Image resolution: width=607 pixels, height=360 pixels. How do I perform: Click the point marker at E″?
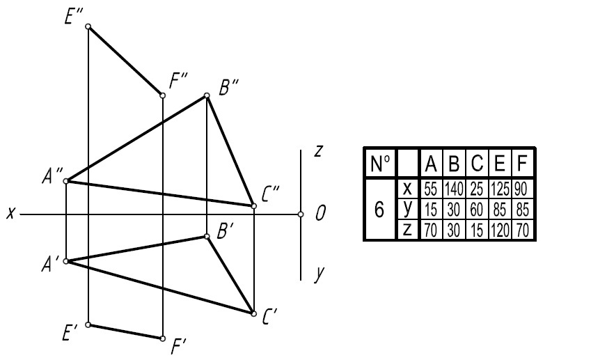88,26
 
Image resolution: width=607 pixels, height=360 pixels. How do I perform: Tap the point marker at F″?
163,95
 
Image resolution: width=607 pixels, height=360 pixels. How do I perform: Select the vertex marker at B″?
207,95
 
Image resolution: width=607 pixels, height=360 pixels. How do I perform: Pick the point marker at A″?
66,181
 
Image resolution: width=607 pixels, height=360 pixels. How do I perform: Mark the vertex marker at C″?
253,206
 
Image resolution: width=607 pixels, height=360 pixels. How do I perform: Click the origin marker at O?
301,214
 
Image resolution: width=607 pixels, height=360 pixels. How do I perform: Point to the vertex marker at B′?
207,237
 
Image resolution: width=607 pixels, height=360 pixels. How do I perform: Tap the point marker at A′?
66,261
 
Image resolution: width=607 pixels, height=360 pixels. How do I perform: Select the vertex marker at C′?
253,313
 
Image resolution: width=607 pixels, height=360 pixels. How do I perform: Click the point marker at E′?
88,324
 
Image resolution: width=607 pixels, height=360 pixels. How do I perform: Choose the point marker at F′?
163,338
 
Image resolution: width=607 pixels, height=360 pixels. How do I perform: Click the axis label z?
318,150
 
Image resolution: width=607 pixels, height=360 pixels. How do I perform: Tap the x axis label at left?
11,213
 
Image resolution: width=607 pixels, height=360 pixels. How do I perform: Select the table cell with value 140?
454,189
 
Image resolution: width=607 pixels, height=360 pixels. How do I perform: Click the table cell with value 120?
500,230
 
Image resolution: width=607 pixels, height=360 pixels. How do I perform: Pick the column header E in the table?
500,164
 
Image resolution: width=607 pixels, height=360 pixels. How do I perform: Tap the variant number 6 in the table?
379,210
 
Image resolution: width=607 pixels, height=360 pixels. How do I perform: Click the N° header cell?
380,164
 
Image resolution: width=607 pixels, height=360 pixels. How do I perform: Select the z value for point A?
430,230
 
